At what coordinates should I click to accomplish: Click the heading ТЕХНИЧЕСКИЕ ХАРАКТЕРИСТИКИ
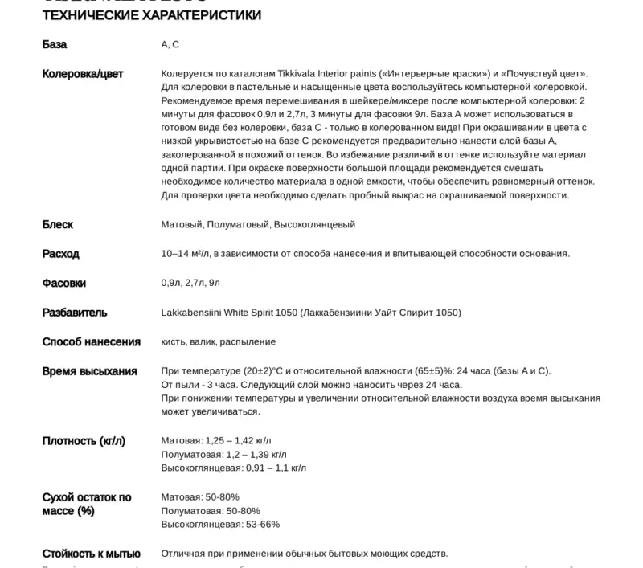pyautogui.click(x=151, y=15)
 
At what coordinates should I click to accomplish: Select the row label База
pyautogui.click(x=55, y=44)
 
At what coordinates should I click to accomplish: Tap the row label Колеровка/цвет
pyautogui.click(x=83, y=74)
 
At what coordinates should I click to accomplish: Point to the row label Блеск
pyautogui.click(x=58, y=224)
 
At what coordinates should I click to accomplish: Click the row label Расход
pyautogui.click(x=61, y=254)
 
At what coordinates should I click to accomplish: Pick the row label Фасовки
pyautogui.click(x=64, y=283)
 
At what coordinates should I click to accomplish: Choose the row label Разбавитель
pyautogui.click(x=75, y=313)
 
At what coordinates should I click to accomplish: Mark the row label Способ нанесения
pyautogui.click(x=92, y=341)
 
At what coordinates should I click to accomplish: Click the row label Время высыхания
pyautogui.click(x=90, y=371)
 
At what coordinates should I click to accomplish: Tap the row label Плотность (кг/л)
pyautogui.click(x=84, y=441)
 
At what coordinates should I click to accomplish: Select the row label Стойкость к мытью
pyautogui.click(x=92, y=554)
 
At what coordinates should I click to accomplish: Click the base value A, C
pyautogui.click(x=170, y=45)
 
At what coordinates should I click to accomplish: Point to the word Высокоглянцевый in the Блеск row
pyautogui.click(x=314, y=225)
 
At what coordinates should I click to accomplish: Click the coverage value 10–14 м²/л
pyautogui.click(x=185, y=254)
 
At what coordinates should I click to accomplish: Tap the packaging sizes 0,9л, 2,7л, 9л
pyautogui.click(x=190, y=283)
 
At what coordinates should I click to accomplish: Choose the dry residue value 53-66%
pyautogui.click(x=263, y=525)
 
